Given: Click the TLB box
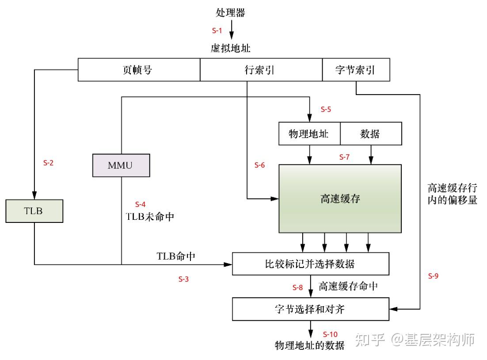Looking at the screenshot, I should pos(34,211).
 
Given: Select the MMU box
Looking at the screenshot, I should pos(121,165).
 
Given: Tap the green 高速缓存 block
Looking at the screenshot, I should pos(340,199).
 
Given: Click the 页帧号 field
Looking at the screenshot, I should pos(139,70).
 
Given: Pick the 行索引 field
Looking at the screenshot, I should pos(261,70).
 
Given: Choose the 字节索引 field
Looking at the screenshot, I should pos(356,70).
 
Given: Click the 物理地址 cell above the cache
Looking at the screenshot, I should pos(309,134).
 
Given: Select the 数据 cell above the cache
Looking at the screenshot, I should pos(371,134).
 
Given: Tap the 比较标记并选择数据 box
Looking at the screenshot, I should pos(310,264).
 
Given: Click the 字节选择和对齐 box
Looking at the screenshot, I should pos(310,309).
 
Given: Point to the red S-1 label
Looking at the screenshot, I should pos(217,31).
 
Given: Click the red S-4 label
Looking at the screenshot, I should pos(140,204).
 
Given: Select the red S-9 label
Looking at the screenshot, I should pos(433,276).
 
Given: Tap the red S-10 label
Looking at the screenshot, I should pos(330,334).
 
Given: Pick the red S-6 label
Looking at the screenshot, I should pos(259,165).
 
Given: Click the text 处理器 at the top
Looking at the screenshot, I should pos(230,13).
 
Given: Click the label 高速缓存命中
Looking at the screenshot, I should pos(348,286).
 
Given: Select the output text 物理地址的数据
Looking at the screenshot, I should pos(309,345).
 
